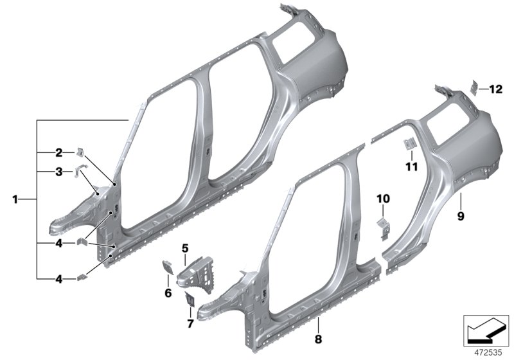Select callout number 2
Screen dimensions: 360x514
tap(58, 152)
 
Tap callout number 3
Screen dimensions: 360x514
tap(58, 172)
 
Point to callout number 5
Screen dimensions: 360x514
tap(184, 248)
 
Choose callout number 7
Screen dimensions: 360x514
tap(190, 323)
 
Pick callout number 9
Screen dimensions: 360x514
tap(461, 217)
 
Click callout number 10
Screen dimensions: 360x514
tap(383, 199)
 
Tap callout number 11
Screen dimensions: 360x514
tap(412, 166)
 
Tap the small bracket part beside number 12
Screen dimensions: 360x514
tap(475, 86)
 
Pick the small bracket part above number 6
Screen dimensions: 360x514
tap(166, 265)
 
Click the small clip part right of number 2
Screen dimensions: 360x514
tap(81, 152)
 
